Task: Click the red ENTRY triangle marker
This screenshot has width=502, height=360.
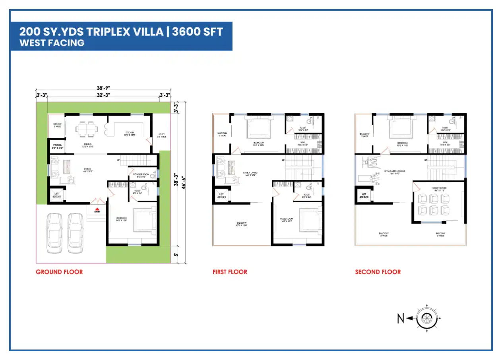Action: point(97,209)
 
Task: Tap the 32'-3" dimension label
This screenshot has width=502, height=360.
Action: point(103,95)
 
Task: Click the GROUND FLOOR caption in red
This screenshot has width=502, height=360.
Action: point(59,272)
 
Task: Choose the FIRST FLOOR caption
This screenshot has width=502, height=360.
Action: point(230,272)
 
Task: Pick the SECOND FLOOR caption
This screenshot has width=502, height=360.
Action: point(378,272)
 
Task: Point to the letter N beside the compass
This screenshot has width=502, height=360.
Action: point(401,318)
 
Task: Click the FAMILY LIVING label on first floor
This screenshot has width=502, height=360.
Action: point(250,172)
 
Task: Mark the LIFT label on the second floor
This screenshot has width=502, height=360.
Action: point(363,195)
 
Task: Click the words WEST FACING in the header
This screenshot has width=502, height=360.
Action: point(52,43)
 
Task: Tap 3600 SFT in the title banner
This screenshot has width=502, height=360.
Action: point(198,31)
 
